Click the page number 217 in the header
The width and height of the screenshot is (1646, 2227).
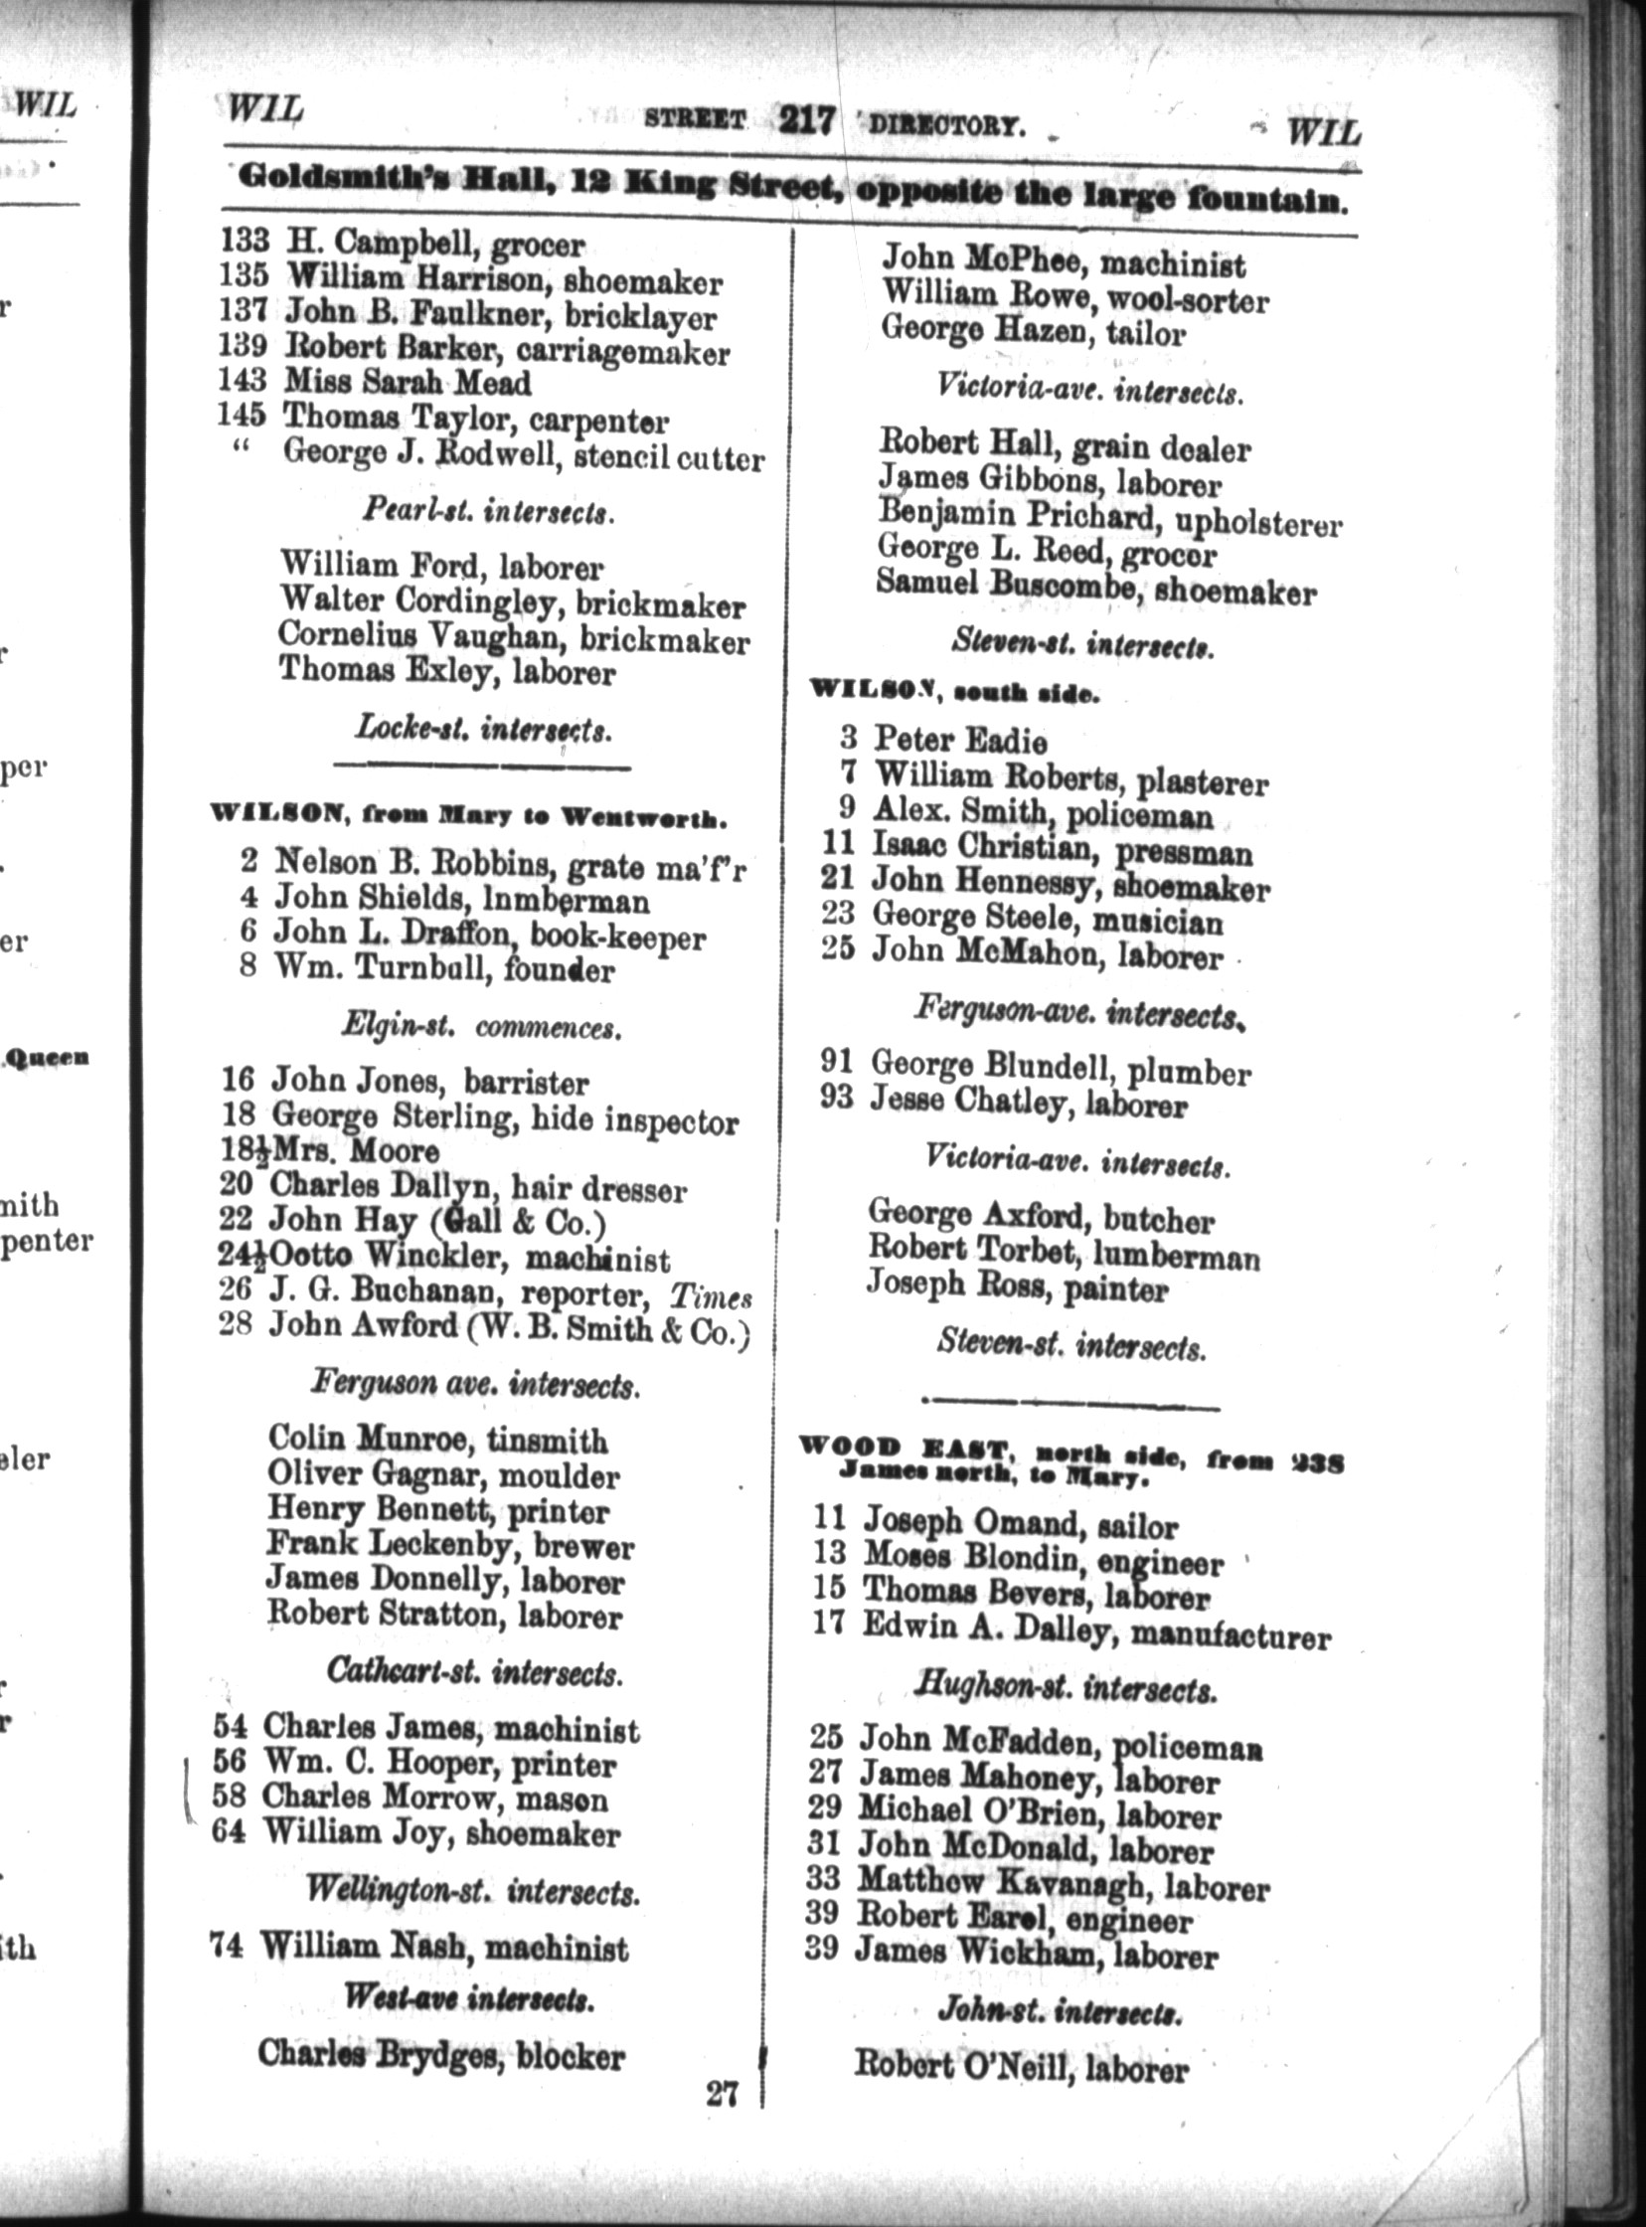(806, 120)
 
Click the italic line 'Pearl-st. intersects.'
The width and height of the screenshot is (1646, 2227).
(487, 512)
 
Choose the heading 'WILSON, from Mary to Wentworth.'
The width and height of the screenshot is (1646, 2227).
(467, 818)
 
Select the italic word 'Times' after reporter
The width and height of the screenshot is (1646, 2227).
(710, 1296)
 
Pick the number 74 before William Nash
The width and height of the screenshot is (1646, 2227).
(227, 1944)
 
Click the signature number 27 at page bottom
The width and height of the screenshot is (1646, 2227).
(722, 2095)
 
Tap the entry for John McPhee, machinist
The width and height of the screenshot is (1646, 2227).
(1064, 262)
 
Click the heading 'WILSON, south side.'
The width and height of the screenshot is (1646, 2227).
(954, 692)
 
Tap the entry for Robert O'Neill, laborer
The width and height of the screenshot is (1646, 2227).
(1021, 2068)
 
